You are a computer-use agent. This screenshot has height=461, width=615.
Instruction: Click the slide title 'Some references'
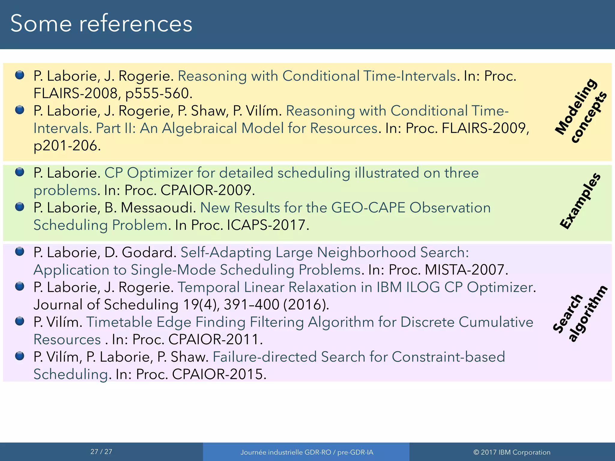coord(101,23)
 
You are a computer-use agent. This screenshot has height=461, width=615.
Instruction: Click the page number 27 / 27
coord(101,451)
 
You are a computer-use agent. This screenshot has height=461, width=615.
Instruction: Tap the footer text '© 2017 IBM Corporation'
coord(512,452)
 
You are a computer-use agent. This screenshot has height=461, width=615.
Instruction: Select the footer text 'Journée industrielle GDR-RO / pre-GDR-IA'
coord(307,452)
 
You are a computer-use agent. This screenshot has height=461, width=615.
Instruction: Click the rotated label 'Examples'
coord(580,201)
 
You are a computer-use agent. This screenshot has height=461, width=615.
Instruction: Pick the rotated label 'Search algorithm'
coord(580,314)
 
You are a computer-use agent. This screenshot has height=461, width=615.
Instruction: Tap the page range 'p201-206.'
coord(67,146)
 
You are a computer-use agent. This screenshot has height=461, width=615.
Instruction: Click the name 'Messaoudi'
coord(156,208)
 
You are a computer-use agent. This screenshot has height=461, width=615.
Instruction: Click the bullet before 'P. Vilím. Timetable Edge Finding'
coord(20,321)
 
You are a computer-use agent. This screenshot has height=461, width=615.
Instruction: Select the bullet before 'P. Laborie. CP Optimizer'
coord(20,172)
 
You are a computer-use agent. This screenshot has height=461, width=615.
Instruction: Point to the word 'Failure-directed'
coord(265,357)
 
